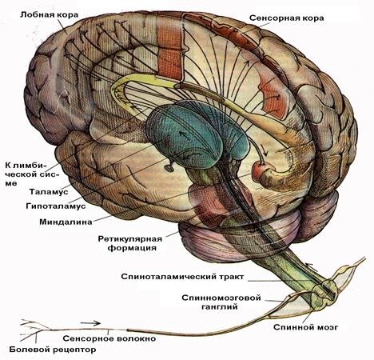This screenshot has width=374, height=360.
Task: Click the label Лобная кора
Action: tap(49, 14)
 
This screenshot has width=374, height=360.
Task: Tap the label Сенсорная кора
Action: tap(287, 18)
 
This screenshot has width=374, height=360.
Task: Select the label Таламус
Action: tap(49, 191)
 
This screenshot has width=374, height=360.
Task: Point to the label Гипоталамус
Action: tap(56, 206)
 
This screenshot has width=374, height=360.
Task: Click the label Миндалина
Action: tap(66, 222)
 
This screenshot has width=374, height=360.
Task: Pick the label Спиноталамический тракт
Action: tap(182, 277)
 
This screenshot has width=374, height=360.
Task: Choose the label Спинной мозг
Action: tap(305, 327)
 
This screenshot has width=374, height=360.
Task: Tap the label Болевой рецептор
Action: tap(53, 350)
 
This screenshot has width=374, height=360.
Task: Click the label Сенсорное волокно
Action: tap(109, 338)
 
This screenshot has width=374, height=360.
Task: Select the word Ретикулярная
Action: tap(130, 238)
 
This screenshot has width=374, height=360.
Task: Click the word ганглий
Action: tap(220, 307)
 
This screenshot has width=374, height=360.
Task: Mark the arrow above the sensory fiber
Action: tap(90, 323)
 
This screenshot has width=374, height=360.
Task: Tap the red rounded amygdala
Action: tap(258, 170)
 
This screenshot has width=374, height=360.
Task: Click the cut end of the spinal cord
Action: tap(325, 291)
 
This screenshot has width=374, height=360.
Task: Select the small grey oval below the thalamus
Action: tap(169, 168)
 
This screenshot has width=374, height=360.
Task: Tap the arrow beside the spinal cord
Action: tap(312, 266)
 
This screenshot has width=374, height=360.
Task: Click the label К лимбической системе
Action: tap(32, 174)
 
